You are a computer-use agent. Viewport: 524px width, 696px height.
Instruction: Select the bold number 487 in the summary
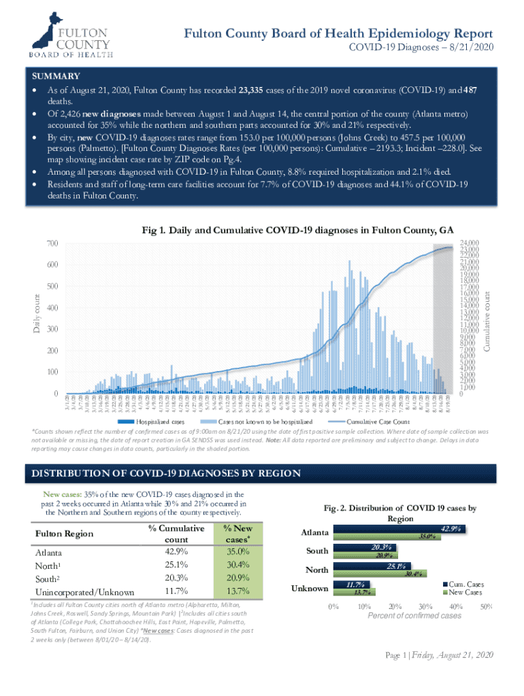[459, 90]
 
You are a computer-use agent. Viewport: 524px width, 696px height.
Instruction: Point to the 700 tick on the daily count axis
[50, 243]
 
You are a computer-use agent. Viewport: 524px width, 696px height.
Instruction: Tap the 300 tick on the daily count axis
[50, 330]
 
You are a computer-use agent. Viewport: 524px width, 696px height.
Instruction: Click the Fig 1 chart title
[297, 230]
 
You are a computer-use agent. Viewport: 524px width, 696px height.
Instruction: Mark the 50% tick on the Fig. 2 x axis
[486, 607]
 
